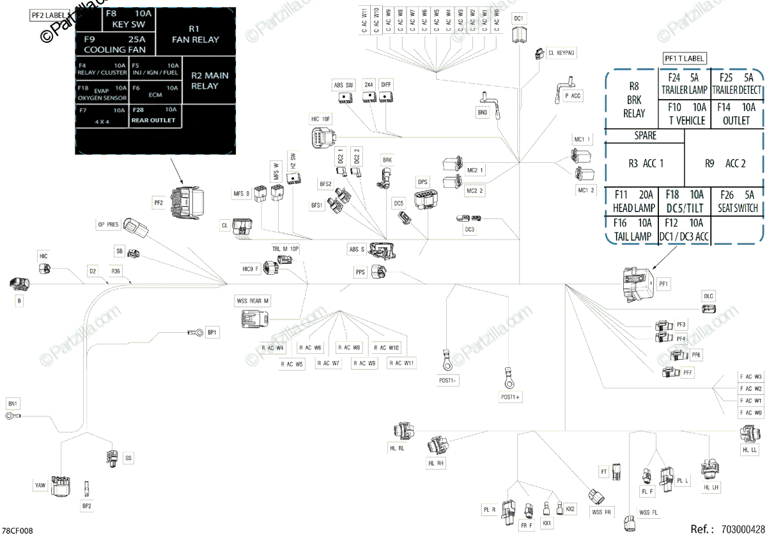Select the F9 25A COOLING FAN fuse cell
pyautogui.click(x=115, y=44)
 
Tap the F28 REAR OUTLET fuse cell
pyautogui.click(x=154, y=114)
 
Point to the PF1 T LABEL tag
pyautogui.click(x=684, y=59)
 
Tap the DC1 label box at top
pyautogui.click(x=520, y=19)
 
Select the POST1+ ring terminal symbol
pyautogui.click(x=509, y=378)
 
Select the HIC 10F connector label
pyautogui.click(x=321, y=119)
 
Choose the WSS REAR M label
pyautogui.click(x=253, y=300)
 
